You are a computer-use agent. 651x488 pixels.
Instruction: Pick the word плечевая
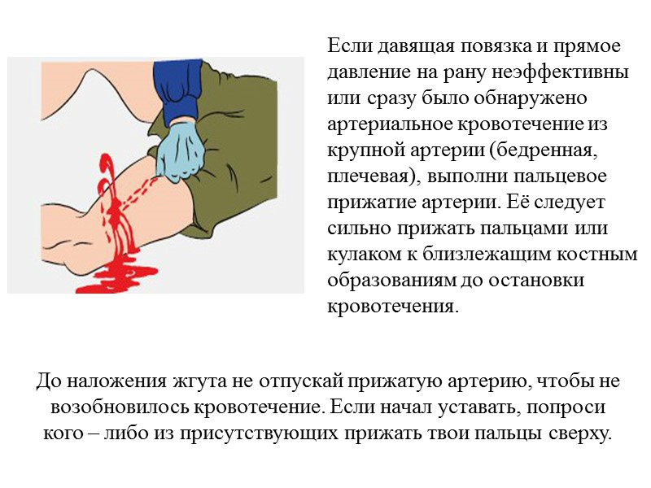coord(366,176)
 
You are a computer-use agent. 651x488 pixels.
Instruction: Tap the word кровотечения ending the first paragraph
coord(391,307)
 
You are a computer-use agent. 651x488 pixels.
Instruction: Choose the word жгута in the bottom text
coord(197,381)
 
